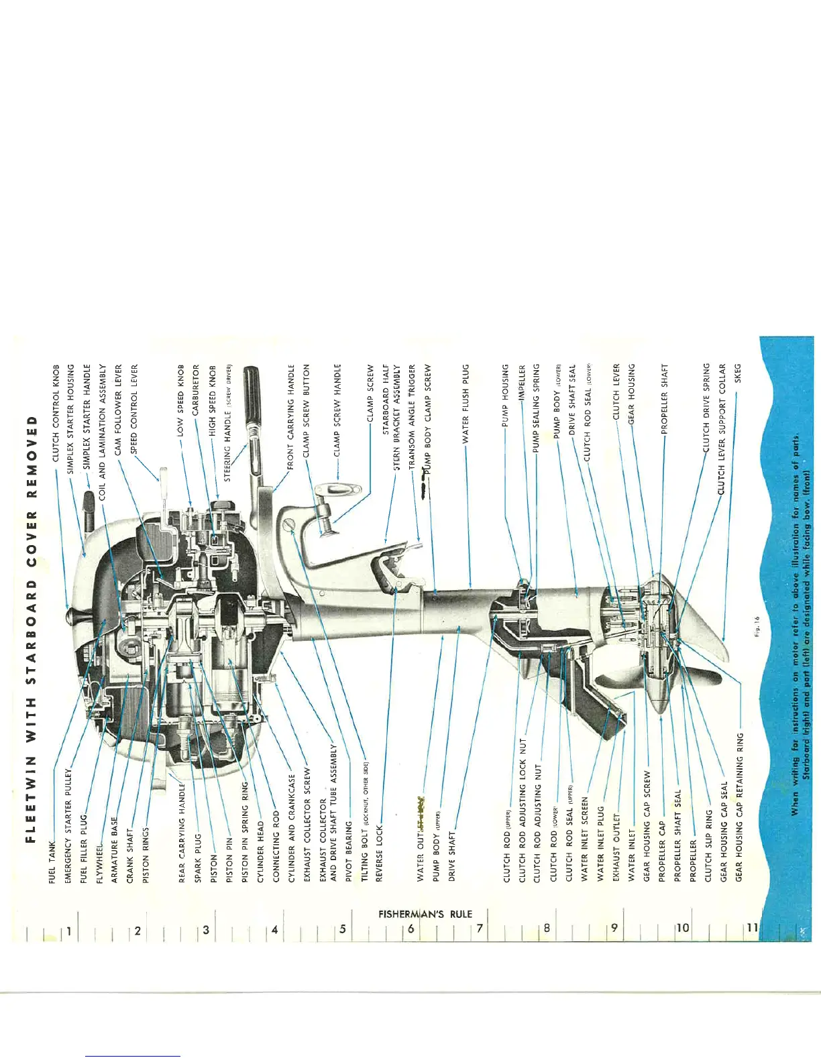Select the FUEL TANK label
(52, 863)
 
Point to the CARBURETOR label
(196, 389)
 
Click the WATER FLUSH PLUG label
(466, 404)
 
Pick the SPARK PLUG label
(198, 858)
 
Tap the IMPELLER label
(523, 383)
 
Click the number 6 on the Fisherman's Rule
(410, 929)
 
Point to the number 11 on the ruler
(752, 928)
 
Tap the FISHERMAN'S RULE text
(425, 914)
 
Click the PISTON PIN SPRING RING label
(245, 832)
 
